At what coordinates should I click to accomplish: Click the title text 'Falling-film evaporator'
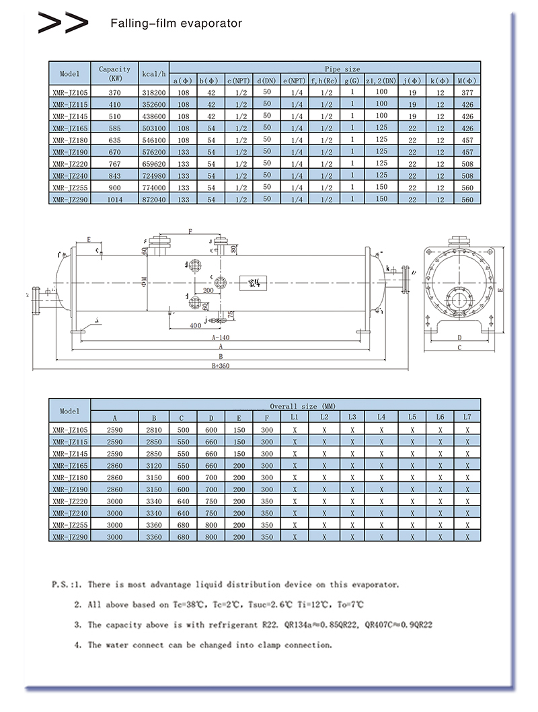click(176, 24)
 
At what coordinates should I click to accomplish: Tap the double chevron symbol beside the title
click(63, 24)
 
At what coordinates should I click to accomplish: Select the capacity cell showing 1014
click(114, 200)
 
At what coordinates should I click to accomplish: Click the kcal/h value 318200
click(154, 91)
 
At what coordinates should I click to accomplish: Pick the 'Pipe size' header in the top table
click(342, 69)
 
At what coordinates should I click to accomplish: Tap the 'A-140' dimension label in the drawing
click(220, 338)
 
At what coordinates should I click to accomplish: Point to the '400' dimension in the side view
click(194, 325)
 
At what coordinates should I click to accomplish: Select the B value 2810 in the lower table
click(154, 429)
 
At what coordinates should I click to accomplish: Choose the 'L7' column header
click(467, 418)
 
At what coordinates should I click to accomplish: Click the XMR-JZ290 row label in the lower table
click(70, 537)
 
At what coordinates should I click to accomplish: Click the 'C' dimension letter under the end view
click(459, 348)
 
